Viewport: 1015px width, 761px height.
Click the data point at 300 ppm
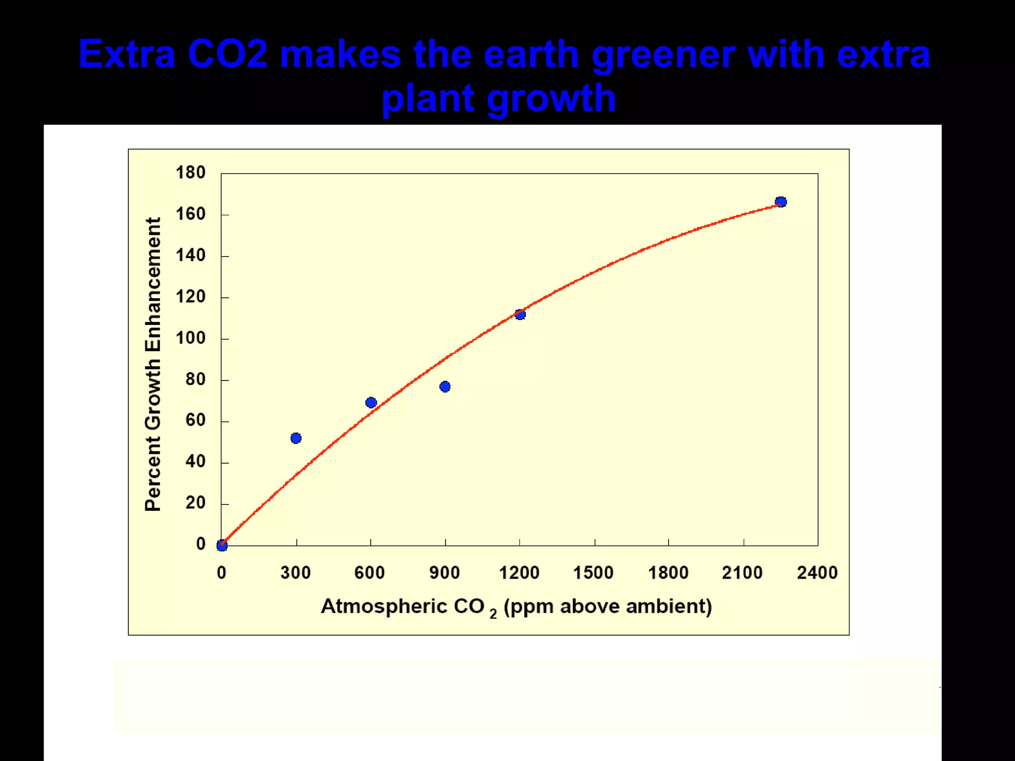296,438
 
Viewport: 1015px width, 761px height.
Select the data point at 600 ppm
371,402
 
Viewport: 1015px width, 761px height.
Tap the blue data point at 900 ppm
445,386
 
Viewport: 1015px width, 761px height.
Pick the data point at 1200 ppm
520,314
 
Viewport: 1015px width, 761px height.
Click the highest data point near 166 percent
781,202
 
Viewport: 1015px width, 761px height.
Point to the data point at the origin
222,545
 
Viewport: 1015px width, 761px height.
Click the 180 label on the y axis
190,172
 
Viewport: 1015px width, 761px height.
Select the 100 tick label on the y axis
190,338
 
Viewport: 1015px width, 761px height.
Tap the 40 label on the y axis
195,461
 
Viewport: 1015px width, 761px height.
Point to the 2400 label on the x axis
817,573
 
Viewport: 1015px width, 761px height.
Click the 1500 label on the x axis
593,573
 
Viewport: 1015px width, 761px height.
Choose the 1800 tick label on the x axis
668,573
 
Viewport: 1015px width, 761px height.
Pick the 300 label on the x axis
295,573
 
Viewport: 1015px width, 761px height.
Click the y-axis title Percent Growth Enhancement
153,364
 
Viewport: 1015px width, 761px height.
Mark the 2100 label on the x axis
742,573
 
